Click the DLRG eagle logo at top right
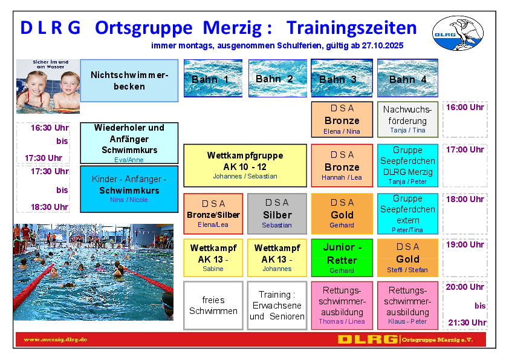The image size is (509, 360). [x=458, y=33]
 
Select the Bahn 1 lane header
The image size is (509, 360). [x=213, y=78]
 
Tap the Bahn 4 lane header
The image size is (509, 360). [x=407, y=78]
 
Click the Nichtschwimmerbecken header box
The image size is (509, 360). [x=129, y=80]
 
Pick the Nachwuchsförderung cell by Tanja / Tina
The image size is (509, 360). [x=407, y=120]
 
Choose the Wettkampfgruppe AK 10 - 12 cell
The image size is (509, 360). [x=245, y=166]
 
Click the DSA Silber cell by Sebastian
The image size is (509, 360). [x=277, y=214]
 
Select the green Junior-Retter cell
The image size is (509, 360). [x=342, y=258]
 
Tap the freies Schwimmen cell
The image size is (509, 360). [x=213, y=306]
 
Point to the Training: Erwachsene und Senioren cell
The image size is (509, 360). [x=277, y=306]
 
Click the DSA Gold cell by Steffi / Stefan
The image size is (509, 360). [x=407, y=258]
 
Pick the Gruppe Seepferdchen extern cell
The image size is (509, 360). [x=407, y=214]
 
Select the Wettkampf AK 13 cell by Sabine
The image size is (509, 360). [x=213, y=258]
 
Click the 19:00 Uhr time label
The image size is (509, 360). [x=465, y=244]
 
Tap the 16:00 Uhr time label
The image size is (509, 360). [x=465, y=107]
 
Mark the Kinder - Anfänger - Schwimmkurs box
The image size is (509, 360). [x=129, y=189]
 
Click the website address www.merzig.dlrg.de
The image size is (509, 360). [x=56, y=339]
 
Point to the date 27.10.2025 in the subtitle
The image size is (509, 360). [x=383, y=45]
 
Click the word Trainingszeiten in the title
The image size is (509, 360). [x=352, y=28]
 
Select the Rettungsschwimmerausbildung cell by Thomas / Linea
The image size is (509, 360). [x=342, y=306]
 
